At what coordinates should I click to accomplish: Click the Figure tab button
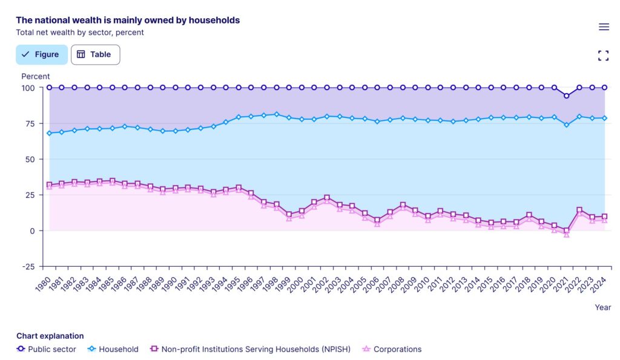click(41, 54)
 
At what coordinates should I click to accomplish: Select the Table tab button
click(95, 54)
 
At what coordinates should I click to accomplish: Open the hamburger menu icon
click(604, 27)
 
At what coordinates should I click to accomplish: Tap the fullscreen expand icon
click(603, 56)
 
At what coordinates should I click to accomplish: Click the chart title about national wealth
click(128, 20)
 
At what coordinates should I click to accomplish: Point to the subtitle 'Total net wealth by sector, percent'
click(80, 33)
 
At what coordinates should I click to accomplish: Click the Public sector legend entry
click(47, 349)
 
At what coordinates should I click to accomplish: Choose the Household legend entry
click(113, 349)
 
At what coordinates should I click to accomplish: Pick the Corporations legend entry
click(392, 349)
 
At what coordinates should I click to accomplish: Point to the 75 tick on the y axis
click(28, 123)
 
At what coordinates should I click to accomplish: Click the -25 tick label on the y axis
click(27, 267)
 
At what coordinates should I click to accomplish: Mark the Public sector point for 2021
click(567, 96)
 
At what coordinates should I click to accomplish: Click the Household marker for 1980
click(49, 133)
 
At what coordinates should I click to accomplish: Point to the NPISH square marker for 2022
click(579, 210)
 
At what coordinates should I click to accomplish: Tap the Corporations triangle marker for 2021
click(567, 234)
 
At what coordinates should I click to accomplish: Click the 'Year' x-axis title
click(602, 307)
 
